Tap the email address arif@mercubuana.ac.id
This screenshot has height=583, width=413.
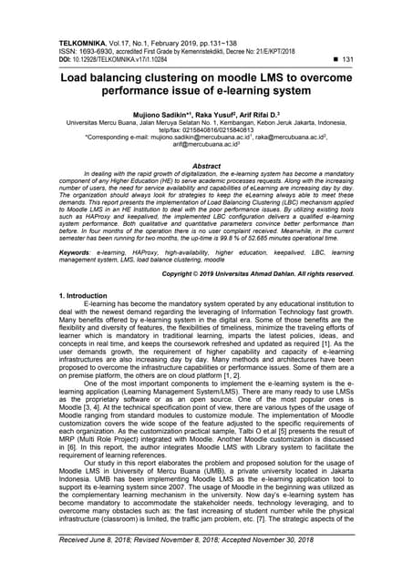(x=205, y=145)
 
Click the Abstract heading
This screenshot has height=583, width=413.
(x=207, y=167)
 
